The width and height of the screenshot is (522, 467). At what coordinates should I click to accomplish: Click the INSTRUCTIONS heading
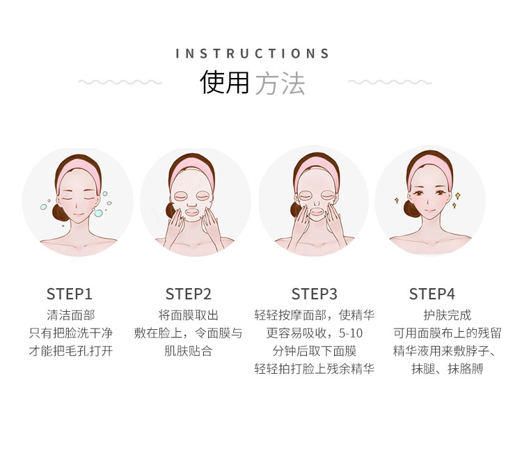coord(253,54)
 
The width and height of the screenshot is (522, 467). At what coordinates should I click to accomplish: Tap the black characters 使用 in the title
coord(224,82)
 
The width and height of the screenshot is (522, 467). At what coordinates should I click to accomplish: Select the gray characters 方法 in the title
coord(280,84)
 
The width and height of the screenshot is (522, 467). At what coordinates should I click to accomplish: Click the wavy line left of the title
coord(120,82)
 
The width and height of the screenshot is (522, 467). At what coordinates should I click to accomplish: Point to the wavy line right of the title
coord(390,82)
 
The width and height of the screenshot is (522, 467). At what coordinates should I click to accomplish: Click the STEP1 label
coord(69,294)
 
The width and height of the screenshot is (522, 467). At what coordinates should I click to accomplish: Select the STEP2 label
coord(189,294)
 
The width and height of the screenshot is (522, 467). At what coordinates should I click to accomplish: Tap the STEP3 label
coord(315,294)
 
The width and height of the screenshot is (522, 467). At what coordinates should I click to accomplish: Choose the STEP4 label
coord(432,294)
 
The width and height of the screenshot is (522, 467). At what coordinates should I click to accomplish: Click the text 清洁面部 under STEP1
coord(71,315)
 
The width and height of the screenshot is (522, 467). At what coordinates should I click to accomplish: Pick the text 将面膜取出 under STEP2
coord(189,315)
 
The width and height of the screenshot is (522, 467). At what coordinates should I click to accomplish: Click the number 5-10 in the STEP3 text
coord(351,333)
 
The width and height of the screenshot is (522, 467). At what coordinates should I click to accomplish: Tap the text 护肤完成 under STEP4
coord(447,315)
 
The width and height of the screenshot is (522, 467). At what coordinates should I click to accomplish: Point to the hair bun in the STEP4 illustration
coord(410,209)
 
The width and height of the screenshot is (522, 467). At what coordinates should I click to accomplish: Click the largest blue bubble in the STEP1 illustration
coord(99,213)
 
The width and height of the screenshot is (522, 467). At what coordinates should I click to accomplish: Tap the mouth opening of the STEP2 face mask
coord(192,212)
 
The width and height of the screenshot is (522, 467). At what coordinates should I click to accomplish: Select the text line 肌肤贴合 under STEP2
coord(189,351)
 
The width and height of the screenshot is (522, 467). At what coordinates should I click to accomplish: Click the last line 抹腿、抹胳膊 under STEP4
coord(447,369)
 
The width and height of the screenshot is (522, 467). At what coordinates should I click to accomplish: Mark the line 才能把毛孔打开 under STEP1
coord(71,351)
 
